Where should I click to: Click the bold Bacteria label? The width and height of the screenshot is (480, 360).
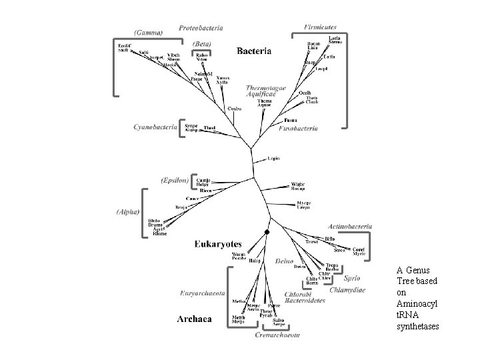254,51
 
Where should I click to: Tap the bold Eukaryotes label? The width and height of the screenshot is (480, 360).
217,244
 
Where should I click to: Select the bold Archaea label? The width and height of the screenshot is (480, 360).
194,319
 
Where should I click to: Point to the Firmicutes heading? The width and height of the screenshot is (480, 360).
320,27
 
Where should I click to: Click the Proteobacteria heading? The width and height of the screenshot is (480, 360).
201,28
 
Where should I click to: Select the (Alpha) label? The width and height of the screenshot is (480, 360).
127,212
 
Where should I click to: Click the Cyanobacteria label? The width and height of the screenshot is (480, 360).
155,127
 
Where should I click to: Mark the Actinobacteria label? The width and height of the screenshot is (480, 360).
351,227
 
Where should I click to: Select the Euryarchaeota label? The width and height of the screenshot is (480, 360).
203,293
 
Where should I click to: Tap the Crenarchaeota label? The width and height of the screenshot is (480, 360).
277,335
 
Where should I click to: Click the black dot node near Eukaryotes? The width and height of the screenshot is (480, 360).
267,231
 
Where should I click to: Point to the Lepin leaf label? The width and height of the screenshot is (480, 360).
273,158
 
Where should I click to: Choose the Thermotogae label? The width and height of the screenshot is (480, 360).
267,87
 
